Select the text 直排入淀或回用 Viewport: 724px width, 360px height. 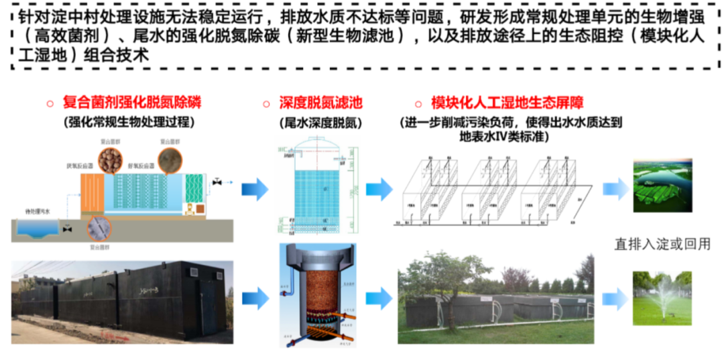pyautogui.click(x=662, y=244)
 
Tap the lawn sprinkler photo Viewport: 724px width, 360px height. pyautogui.click(x=662, y=298)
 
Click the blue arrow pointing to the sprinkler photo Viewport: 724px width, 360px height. pyautogui.click(x=615, y=299)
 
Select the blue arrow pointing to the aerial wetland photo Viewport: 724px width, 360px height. pyautogui.click(x=615, y=189)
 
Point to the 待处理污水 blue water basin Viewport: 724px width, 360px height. pyautogui.click(x=39, y=229)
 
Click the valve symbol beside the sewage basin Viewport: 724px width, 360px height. pyautogui.click(x=67, y=229)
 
